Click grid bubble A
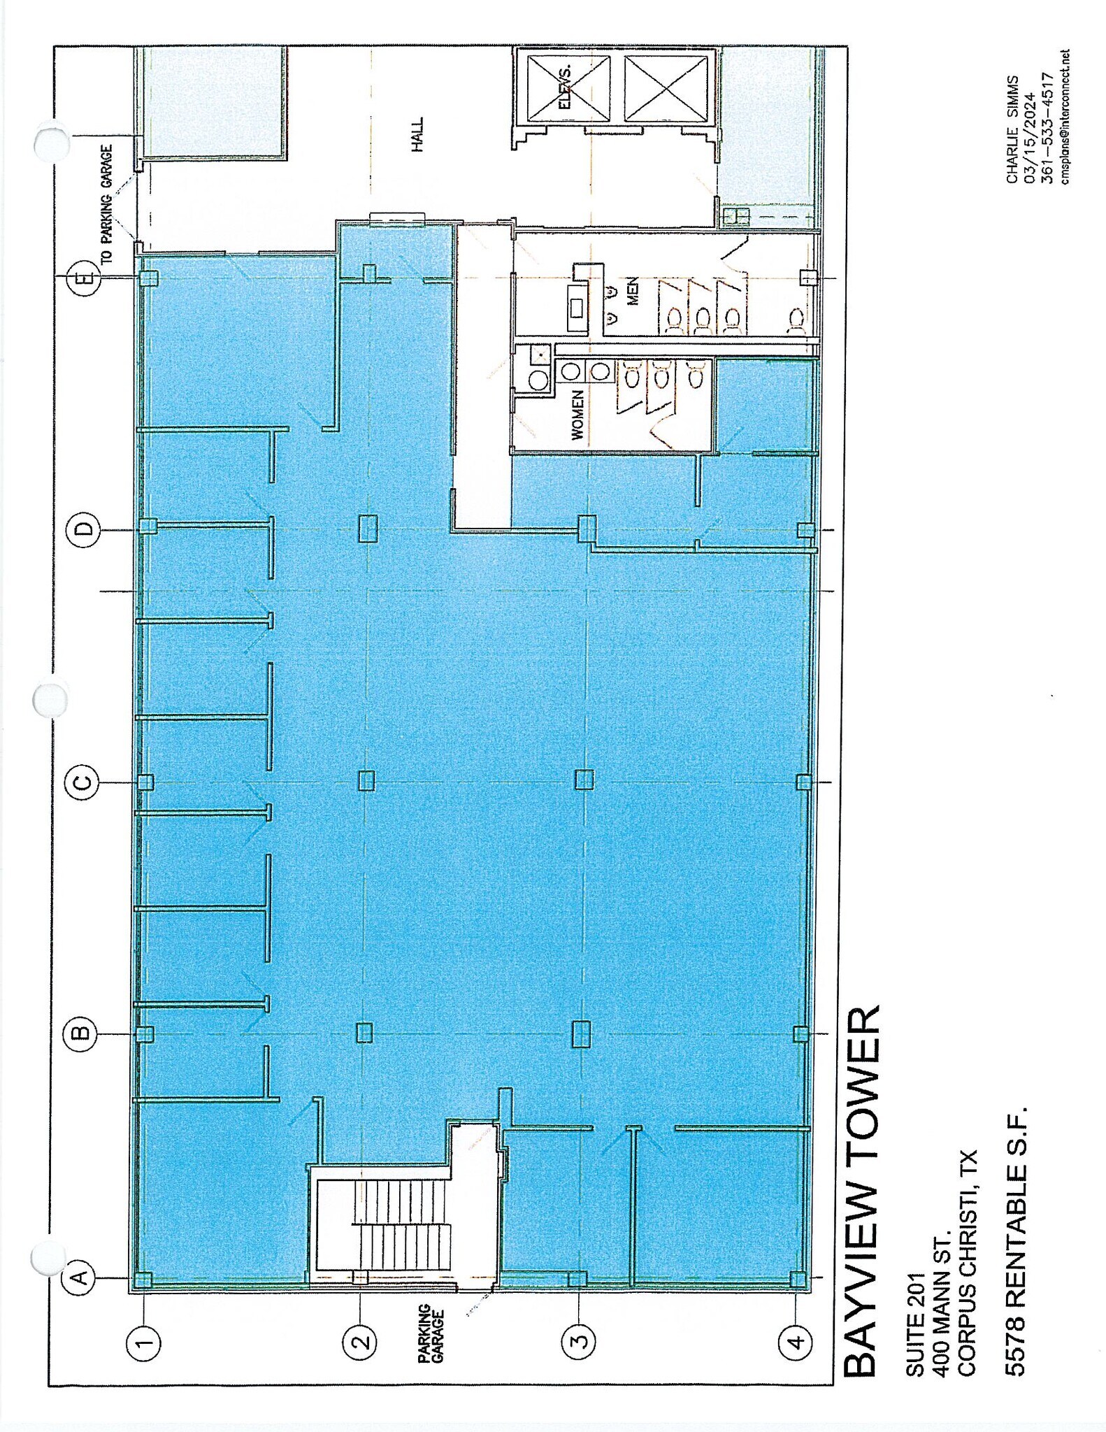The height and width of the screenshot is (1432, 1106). click(80, 1277)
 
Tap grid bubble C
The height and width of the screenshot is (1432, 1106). click(82, 782)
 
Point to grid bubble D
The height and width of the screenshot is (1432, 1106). click(85, 529)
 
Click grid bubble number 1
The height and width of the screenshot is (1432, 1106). click(144, 1342)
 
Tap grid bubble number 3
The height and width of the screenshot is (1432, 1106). click(580, 1342)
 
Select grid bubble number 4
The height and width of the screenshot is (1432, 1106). click(797, 1342)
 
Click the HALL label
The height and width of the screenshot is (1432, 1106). click(417, 135)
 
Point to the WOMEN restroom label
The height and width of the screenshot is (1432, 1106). click(577, 415)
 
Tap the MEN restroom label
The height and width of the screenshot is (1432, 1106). click(632, 291)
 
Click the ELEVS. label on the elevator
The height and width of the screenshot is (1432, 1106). click(565, 88)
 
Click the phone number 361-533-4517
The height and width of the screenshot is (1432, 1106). click(1047, 128)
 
